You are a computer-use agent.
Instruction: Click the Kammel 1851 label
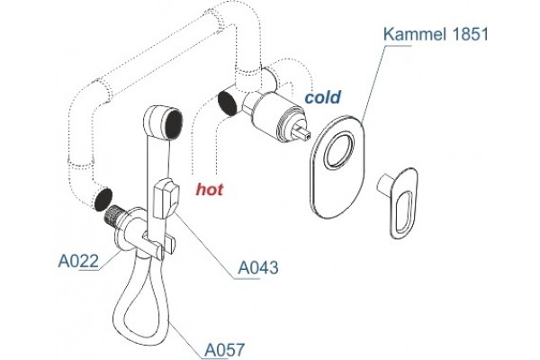(x=436, y=34)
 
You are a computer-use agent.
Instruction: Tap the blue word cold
(x=323, y=97)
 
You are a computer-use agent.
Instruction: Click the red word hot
(x=210, y=189)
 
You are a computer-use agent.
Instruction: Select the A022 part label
(x=78, y=261)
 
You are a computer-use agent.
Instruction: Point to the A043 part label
(x=258, y=267)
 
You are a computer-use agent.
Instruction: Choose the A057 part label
(x=225, y=350)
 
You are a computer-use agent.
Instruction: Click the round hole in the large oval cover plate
(x=339, y=150)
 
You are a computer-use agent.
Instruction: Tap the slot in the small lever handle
(x=404, y=211)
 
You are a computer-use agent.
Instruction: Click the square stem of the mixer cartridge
(x=302, y=132)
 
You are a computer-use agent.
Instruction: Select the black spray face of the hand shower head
(x=173, y=123)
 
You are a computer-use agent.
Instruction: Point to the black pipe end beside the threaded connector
(x=103, y=199)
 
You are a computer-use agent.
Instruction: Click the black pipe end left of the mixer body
(x=228, y=103)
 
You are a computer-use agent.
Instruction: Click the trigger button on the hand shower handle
(x=166, y=199)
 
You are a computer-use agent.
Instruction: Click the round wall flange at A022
(x=125, y=229)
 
